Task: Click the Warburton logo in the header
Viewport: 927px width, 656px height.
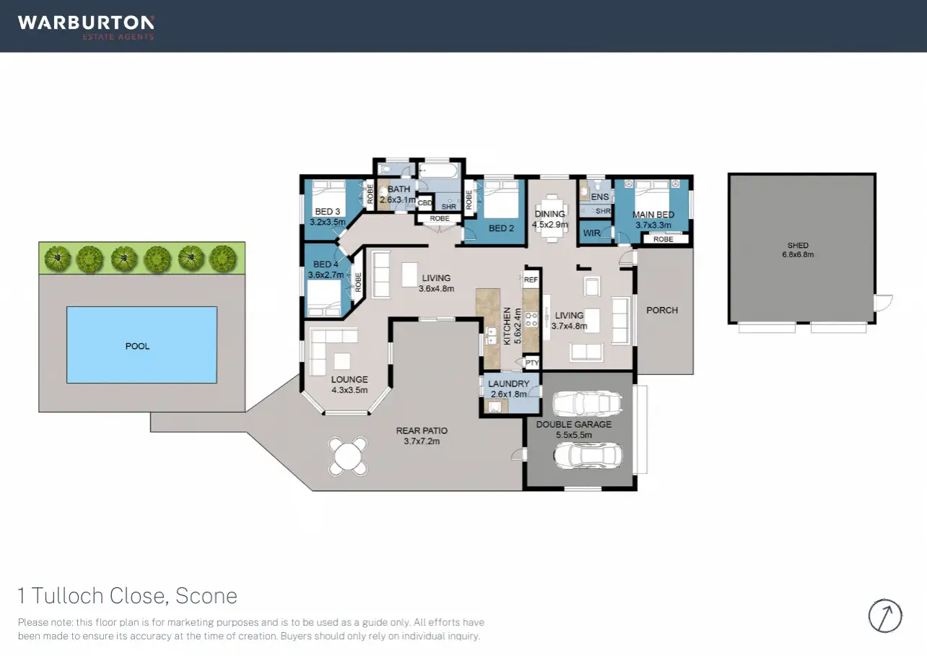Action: point(86,27)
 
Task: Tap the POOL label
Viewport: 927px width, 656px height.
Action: point(137,346)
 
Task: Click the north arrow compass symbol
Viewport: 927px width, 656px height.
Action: point(885,616)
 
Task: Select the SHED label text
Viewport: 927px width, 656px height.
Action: point(798,245)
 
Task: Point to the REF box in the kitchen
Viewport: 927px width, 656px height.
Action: point(531,280)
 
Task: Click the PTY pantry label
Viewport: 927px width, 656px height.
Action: point(532,363)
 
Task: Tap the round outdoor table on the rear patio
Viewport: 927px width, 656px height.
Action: point(348,456)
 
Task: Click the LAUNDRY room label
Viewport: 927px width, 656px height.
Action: point(508,384)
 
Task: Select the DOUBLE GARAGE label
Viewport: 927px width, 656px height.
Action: point(573,425)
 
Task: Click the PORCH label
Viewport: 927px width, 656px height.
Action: point(662,310)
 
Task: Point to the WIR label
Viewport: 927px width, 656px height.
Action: point(591,233)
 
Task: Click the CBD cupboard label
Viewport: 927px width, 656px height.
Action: point(425,203)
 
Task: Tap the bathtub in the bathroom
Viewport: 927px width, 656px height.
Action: point(439,171)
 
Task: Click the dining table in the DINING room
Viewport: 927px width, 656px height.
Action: point(550,218)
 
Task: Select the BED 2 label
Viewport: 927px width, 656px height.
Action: point(501,228)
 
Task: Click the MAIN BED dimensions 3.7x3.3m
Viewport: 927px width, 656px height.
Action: point(653,225)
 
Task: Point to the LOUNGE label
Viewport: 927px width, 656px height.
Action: point(349,379)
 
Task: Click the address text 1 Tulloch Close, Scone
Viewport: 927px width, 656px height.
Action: point(128,596)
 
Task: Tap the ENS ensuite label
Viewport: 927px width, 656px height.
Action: point(600,197)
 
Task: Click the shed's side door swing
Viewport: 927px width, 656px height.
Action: point(884,303)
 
